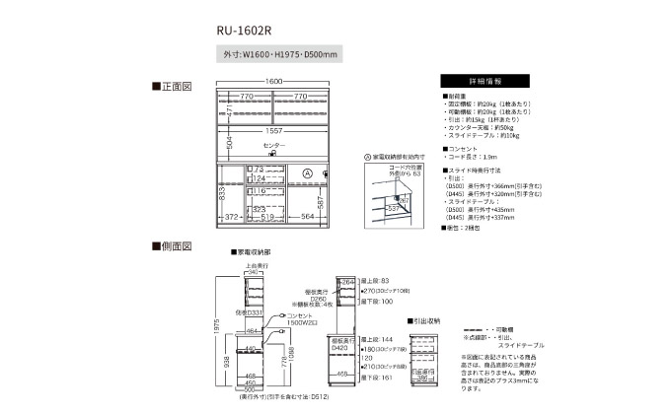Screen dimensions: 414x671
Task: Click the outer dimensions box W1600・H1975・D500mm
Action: point(281,55)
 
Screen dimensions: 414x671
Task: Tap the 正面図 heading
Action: point(171,88)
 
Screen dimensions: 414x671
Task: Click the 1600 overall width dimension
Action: point(273,81)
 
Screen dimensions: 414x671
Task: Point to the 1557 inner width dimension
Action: point(273,129)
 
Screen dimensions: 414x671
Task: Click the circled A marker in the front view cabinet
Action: point(306,173)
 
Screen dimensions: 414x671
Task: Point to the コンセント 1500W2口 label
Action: point(298,322)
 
